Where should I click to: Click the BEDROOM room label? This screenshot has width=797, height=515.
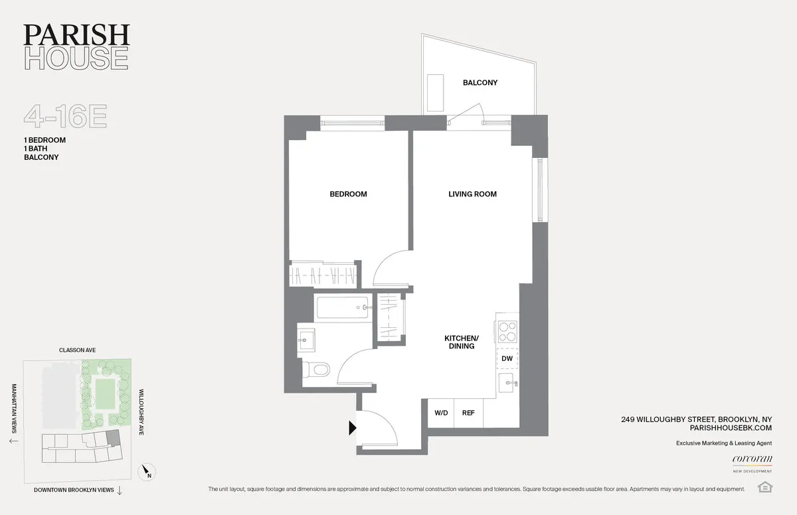pos(348,194)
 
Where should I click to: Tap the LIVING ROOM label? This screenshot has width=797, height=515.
pos(472,194)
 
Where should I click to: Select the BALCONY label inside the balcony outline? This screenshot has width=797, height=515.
pos(480,83)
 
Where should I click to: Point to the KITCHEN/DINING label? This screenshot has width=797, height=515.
pos(460,342)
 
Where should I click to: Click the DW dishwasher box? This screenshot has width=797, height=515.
pos(507,358)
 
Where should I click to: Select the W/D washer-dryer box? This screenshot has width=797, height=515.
pos(440,413)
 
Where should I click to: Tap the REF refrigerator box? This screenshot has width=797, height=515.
pos(468,413)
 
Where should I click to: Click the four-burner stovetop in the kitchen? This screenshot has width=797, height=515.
pos(507,331)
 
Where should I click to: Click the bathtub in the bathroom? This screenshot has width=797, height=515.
pos(343,308)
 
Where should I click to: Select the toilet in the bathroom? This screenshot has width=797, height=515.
pos(315,368)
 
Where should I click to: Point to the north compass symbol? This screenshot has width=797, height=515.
pos(147,473)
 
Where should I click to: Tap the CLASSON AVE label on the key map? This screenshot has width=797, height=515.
pos(78,350)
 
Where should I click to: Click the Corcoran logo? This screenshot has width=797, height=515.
pos(751,459)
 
